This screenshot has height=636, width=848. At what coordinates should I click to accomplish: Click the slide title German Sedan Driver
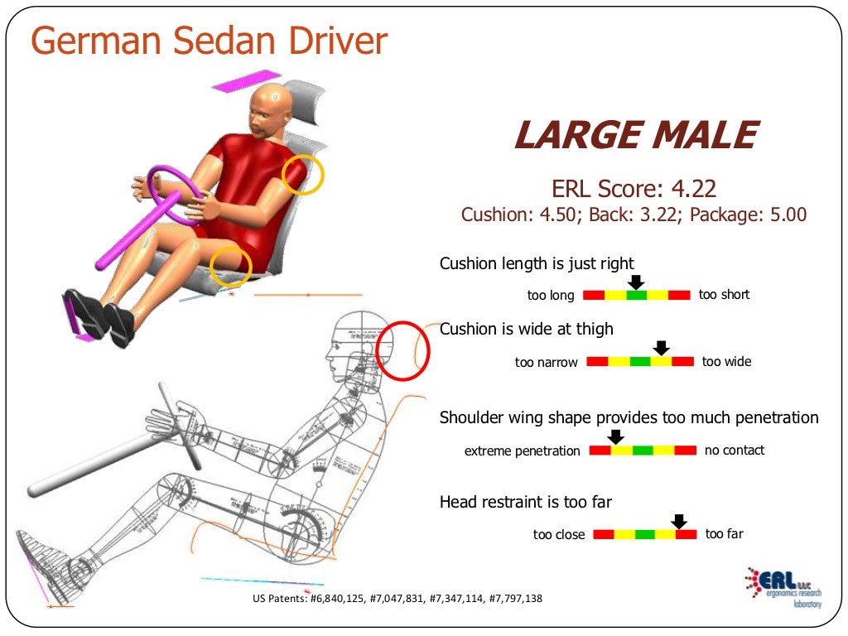(209, 41)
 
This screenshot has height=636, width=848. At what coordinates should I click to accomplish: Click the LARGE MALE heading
(635, 136)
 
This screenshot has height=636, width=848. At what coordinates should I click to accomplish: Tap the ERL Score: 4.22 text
(634, 189)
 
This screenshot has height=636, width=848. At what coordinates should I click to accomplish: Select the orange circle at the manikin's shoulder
(303, 175)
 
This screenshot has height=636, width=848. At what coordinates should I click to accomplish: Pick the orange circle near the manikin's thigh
(230, 267)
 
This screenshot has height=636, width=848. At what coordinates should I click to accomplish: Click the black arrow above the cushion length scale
(635, 282)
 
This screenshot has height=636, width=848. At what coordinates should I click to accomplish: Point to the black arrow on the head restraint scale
(679, 521)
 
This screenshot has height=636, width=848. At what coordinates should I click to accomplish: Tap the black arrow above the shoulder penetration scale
(615, 436)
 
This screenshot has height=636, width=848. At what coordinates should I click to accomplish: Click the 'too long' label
(551, 296)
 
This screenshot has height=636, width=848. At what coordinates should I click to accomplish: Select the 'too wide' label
(726, 361)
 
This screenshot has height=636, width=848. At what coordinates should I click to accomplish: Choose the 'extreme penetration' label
(523, 451)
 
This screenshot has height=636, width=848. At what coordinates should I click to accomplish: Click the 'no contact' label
(735, 450)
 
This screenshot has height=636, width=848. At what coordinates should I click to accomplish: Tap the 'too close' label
(559, 535)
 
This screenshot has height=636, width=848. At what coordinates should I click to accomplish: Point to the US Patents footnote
(397, 598)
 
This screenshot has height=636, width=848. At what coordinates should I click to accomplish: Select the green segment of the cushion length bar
(636, 295)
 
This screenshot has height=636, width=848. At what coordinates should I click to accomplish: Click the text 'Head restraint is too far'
(526, 502)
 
